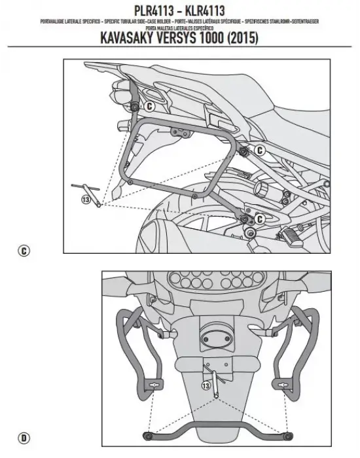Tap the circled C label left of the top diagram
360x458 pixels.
24,250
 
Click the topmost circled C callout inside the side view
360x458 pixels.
149,105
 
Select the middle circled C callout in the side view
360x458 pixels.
259,150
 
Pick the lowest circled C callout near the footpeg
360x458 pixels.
259,218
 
